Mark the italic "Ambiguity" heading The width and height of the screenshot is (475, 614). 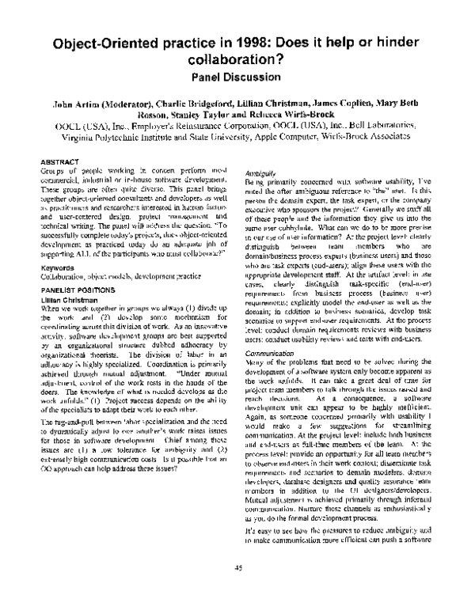(261, 172)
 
